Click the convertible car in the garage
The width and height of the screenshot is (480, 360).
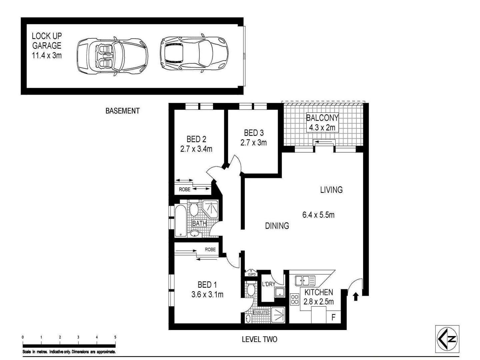coord(112,55)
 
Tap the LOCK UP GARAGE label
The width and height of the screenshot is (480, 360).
coord(47,46)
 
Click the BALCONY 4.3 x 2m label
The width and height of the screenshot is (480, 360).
coord(322,122)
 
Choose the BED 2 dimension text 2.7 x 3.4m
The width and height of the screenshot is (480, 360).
coord(196,149)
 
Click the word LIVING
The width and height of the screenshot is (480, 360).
coord(331,190)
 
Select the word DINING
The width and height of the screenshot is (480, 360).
coord(277,226)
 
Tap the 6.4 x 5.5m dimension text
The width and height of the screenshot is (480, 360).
coord(318,215)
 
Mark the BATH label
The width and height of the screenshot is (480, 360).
coord(199,223)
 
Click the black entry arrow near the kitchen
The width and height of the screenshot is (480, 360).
coord(356,296)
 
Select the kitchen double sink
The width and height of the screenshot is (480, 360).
coord(305,281)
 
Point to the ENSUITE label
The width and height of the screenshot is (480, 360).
coord(261,313)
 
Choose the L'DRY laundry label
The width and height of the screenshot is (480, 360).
coord(268,284)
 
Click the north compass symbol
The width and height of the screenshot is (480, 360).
coord(447,339)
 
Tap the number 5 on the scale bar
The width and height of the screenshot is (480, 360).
coord(115,337)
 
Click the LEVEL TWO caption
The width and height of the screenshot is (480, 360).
coord(259,339)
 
